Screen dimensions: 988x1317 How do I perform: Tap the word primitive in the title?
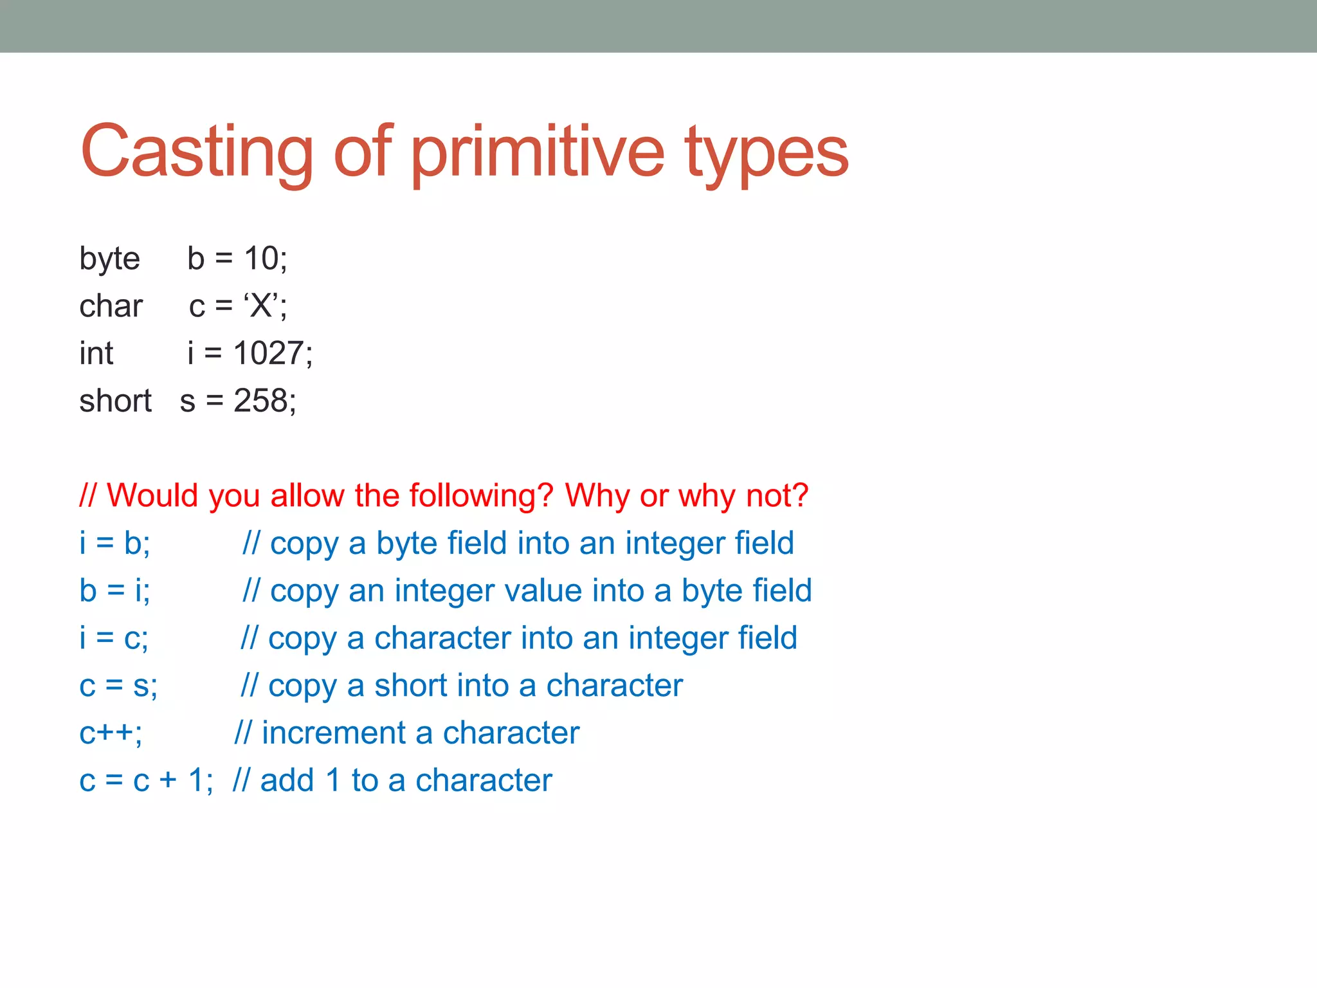[537, 152]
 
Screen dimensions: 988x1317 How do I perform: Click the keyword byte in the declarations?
[109, 259]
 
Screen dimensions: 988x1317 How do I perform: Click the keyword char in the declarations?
[111, 306]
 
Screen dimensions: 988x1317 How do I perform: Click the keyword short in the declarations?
[115, 401]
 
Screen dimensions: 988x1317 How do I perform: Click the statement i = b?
[114, 544]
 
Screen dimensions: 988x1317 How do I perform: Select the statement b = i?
[114, 590]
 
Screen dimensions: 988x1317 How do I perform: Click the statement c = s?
[118, 686]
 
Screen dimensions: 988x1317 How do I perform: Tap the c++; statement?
[111, 733]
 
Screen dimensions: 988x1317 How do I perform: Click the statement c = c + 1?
[146, 781]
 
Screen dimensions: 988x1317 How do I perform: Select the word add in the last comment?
[287, 781]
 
